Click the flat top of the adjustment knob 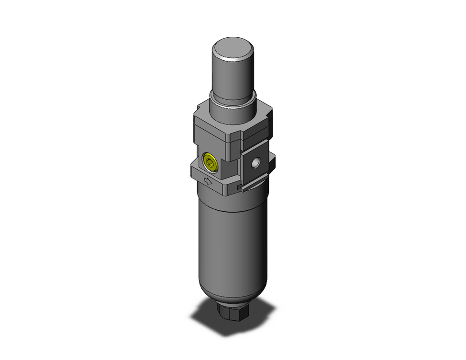coord(233,48)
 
